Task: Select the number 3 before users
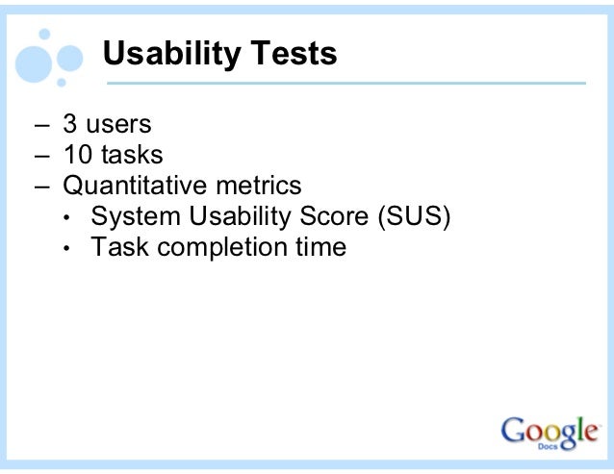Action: pyautogui.click(x=70, y=124)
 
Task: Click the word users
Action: pyautogui.click(x=118, y=124)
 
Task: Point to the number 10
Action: pyautogui.click(x=78, y=155)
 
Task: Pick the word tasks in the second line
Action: pyautogui.click(x=132, y=155)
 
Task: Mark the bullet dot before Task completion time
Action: pyautogui.click(x=66, y=248)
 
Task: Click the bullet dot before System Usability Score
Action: pyautogui.click(x=66, y=217)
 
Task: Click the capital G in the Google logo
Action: pyautogui.click(x=515, y=432)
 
